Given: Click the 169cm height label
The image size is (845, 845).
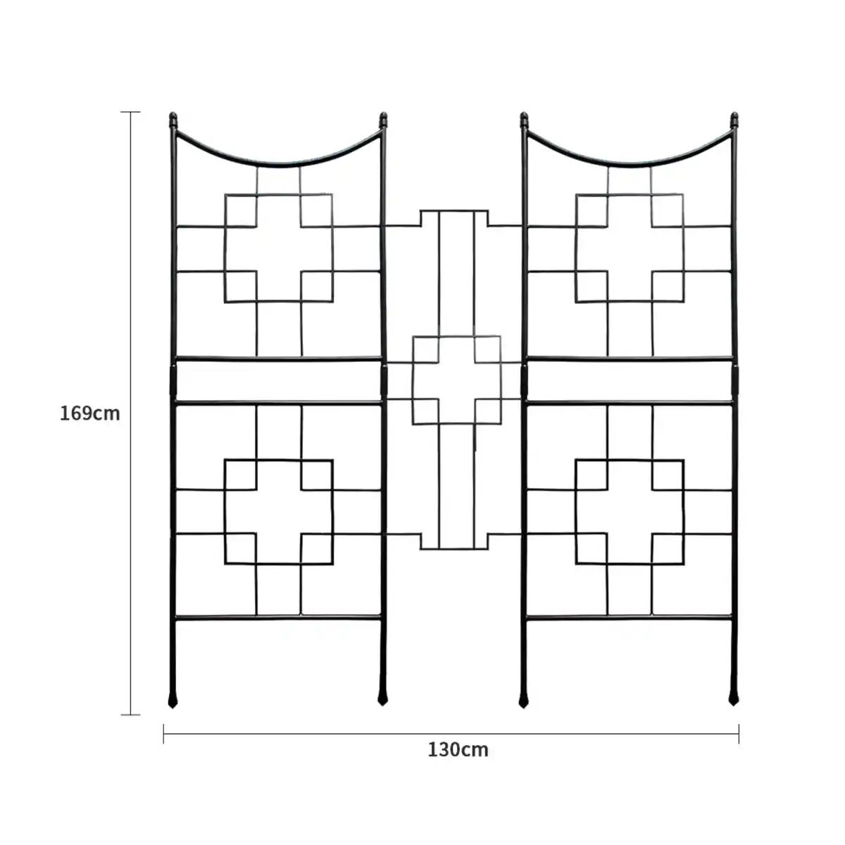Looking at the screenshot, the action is (x=89, y=413).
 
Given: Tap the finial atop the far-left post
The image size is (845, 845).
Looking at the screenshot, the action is (x=173, y=120).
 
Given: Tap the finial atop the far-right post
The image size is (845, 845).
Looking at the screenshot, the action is (x=734, y=120).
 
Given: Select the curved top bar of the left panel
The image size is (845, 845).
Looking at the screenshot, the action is (x=278, y=165).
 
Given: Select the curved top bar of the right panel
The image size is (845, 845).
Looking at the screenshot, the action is (x=630, y=165).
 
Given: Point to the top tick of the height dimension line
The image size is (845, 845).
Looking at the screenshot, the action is (x=130, y=112).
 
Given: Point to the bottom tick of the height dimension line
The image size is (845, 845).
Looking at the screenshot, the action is (x=130, y=715).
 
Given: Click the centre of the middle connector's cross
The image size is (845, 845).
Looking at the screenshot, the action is (x=456, y=381).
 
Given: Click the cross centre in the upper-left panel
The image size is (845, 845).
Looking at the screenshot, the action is (x=279, y=248).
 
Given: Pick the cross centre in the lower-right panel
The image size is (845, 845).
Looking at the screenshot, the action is (x=630, y=512).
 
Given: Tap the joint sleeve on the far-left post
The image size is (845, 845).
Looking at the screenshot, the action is (x=173, y=380).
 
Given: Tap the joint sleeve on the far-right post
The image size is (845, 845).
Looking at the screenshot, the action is (x=735, y=380).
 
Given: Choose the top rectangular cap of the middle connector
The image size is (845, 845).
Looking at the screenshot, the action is (x=454, y=218).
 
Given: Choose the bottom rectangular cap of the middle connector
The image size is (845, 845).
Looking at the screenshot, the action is (x=454, y=542).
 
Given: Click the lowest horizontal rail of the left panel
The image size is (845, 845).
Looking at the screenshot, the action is (x=278, y=618).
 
